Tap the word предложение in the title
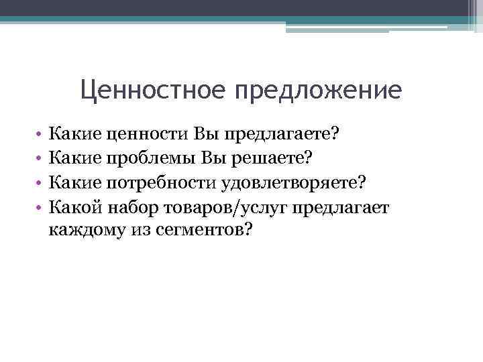[317, 89]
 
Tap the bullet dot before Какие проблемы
[40, 160]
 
